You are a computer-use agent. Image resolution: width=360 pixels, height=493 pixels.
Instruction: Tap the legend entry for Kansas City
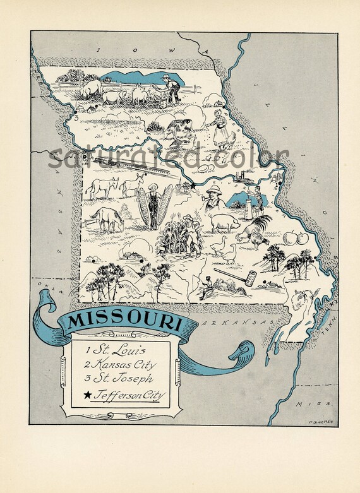coord(124,364)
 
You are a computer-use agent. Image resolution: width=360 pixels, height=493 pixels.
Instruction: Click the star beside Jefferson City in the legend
coord(87,396)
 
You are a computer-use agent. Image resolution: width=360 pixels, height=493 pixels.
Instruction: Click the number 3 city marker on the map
coord(75,117)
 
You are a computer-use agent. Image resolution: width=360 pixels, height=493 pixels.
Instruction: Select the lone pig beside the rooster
coord(224,222)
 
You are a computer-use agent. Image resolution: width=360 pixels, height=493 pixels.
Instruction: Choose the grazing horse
coord(107,219)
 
